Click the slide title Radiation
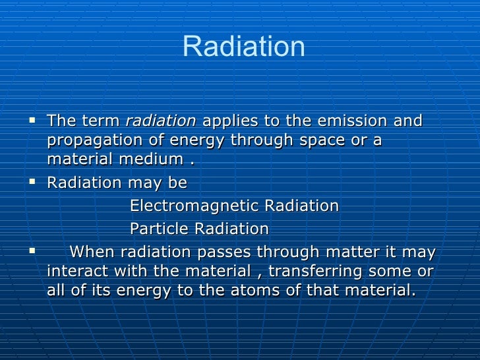pos(243,47)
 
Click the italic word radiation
pos(160,121)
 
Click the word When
pos(90,252)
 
